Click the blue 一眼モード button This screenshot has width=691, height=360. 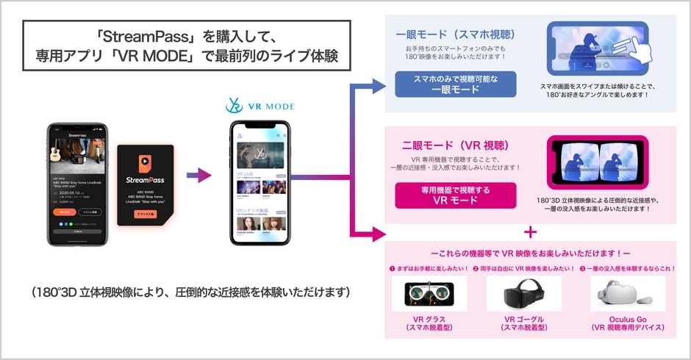455,84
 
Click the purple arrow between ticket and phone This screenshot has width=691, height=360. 195,176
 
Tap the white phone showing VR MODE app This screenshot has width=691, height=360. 257,184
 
